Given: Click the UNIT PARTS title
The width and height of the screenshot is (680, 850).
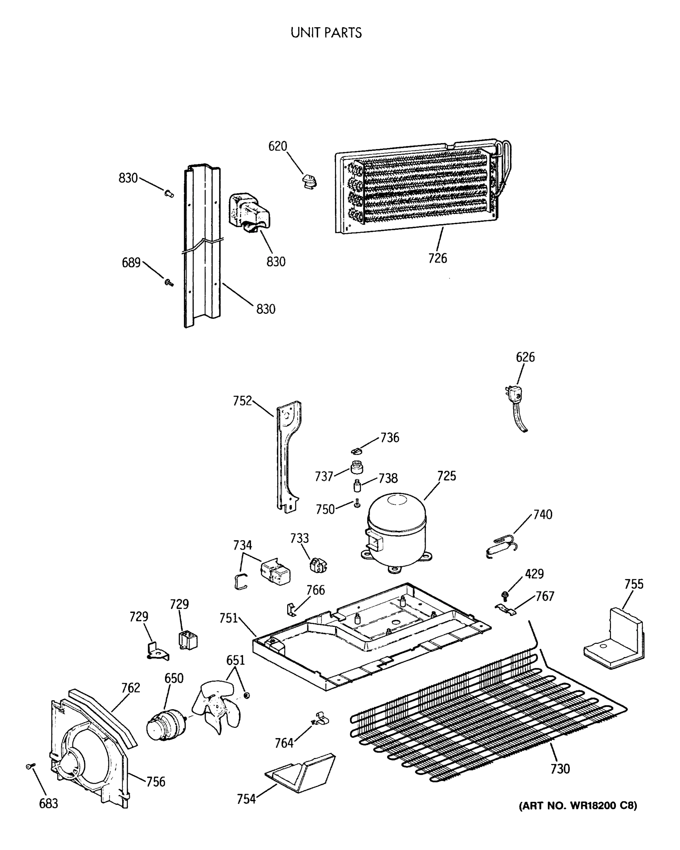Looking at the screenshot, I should point(326,33).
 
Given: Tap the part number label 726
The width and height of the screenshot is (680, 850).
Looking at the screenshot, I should point(437,258).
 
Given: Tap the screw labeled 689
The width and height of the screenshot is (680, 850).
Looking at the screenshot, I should point(169,282).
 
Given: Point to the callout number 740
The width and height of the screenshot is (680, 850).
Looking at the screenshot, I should point(543,515).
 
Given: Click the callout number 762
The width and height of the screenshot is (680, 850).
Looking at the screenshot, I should point(130,687).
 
